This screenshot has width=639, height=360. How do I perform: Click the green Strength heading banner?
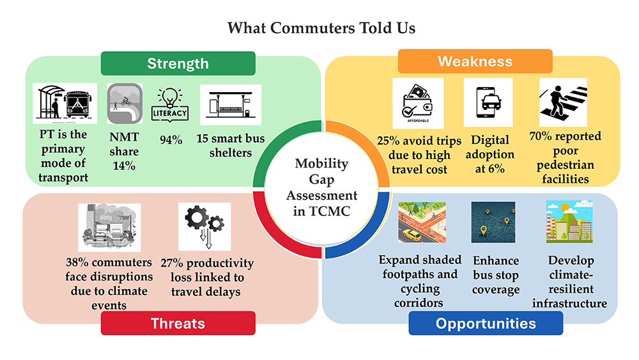[x=178, y=63]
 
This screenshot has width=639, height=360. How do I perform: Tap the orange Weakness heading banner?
[x=475, y=61]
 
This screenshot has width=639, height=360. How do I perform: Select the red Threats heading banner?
[x=178, y=324]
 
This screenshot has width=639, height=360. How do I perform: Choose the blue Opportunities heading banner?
[x=486, y=324]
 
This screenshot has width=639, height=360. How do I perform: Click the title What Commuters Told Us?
[x=321, y=28]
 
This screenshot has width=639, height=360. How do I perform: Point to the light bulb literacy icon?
[x=170, y=106]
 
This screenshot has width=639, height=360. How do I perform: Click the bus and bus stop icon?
[x=65, y=103]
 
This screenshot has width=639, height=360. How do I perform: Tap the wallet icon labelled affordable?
[x=418, y=104]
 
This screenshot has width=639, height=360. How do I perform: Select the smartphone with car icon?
[x=488, y=103]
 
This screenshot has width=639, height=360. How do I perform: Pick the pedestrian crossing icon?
[x=563, y=102]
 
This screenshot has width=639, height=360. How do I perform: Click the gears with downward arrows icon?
[x=204, y=227]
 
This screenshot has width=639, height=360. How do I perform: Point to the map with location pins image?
[x=493, y=222]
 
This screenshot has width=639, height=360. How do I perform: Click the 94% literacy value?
[x=171, y=140]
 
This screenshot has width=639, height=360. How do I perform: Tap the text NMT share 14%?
[x=124, y=152]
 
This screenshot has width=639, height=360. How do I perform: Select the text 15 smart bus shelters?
[x=231, y=146]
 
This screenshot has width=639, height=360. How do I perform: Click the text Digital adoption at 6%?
[x=490, y=154]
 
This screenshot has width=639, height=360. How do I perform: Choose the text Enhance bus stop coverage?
[x=496, y=275]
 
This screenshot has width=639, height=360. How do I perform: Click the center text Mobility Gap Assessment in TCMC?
[x=321, y=187]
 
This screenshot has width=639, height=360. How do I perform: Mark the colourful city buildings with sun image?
[x=569, y=222]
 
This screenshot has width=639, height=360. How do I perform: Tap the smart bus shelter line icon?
[x=231, y=105]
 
